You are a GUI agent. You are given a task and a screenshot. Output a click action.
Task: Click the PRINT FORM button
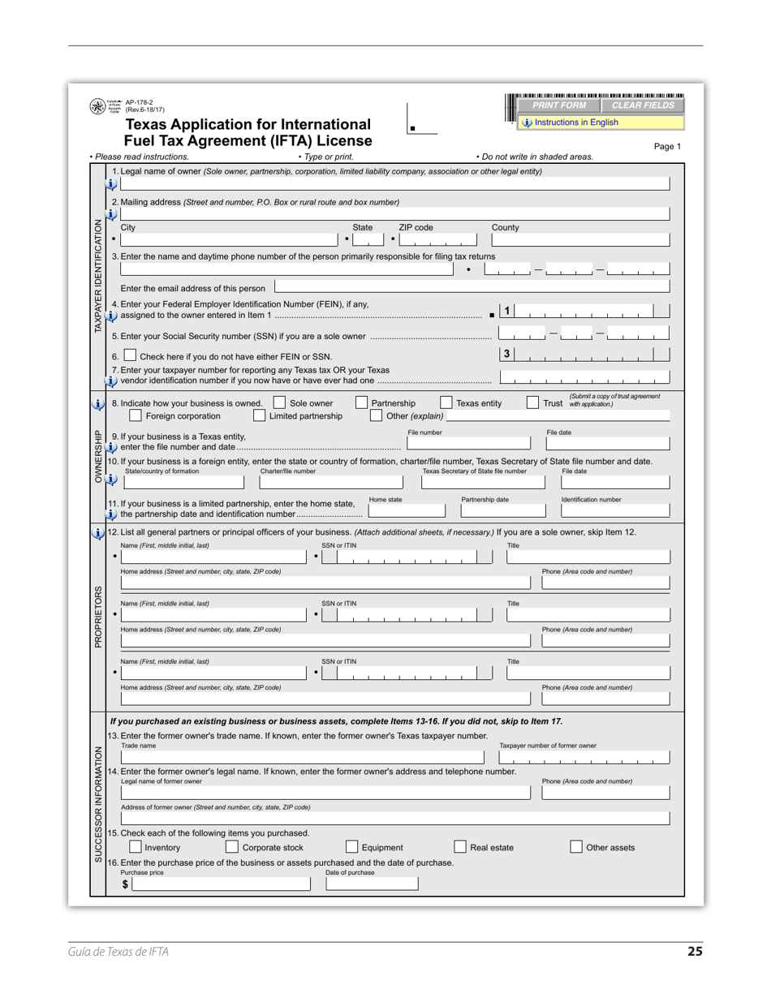pos(559,105)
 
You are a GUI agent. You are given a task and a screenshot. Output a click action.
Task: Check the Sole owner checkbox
pos(279,402)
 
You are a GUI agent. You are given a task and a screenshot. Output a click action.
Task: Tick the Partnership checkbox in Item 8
pos(361,402)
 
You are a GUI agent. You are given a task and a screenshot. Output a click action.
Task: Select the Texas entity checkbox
pos(446,402)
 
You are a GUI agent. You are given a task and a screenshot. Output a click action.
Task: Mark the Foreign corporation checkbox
pos(136,415)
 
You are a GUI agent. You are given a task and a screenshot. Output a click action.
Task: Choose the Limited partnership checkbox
pos(259,415)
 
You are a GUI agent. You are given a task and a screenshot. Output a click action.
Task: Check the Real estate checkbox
pos(460,847)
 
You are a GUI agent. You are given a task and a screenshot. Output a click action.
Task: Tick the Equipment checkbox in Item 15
pos(352,847)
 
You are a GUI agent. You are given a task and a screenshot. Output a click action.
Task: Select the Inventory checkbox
pos(136,847)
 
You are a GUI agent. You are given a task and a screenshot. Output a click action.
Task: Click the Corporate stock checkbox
pos(232,847)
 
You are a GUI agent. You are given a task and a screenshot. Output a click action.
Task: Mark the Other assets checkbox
pos(576,847)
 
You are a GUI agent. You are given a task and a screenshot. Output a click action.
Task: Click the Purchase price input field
pos(221,884)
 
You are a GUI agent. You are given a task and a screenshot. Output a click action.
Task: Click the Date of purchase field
pos(372,884)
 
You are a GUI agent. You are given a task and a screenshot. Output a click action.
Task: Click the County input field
pos(581,240)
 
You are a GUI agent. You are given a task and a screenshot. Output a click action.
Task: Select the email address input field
pos(472,287)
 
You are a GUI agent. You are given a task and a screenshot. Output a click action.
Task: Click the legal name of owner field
pos(394,184)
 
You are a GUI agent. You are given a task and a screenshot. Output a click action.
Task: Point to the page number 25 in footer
pos(695,952)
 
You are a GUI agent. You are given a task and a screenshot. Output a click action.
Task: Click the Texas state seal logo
pos(97,107)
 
